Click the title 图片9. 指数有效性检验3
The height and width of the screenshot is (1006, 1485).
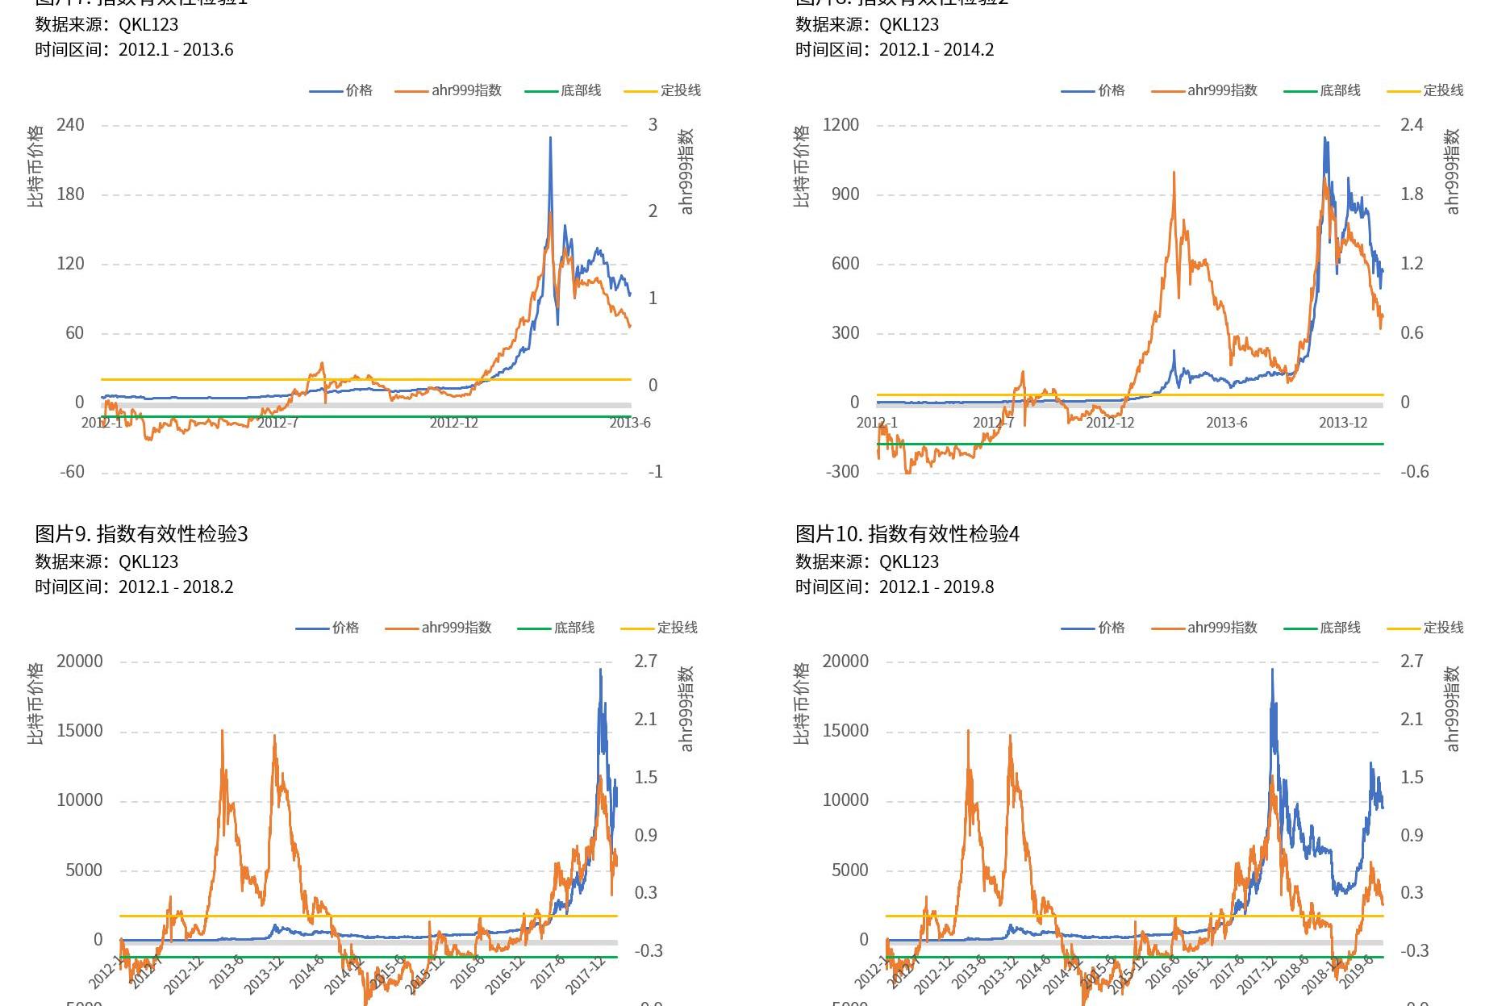click(141, 534)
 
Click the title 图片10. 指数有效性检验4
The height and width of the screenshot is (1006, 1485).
click(907, 534)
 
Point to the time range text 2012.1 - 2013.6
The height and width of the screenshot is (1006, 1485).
click(176, 50)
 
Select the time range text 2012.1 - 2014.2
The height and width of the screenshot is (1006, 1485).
click(936, 50)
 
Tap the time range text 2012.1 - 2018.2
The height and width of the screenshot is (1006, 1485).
click(176, 587)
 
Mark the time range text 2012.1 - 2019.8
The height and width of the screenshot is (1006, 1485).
click(936, 587)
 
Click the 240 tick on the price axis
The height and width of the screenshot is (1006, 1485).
click(70, 125)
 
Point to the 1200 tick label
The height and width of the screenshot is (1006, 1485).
click(841, 125)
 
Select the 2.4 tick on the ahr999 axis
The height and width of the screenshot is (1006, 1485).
click(1412, 125)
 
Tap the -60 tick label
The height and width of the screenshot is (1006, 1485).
click(72, 472)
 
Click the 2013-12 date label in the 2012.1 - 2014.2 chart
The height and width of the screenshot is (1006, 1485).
click(1343, 423)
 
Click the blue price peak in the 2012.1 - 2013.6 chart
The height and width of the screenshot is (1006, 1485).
click(551, 139)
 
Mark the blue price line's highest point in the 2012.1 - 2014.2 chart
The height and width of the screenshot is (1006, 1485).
click(1324, 139)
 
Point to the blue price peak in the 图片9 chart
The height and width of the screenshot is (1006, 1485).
click(600, 670)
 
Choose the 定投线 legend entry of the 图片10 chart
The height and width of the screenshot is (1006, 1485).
click(1426, 628)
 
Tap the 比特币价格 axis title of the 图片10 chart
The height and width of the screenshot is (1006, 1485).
click(802, 704)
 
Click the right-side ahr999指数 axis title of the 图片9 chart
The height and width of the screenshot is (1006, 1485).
click(686, 708)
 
